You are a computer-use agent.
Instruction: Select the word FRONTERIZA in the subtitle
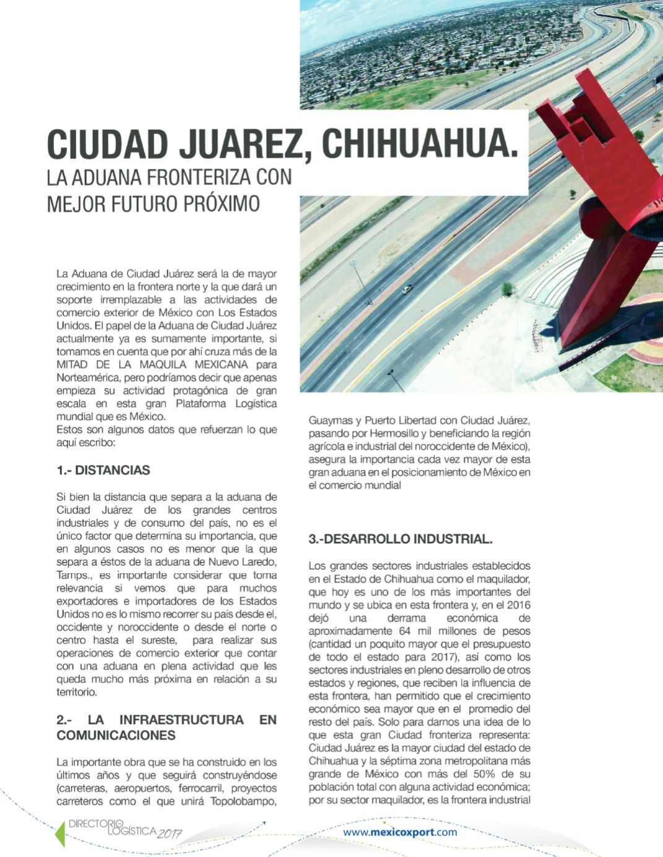tap(201, 177)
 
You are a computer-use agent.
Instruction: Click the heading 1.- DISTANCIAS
tap(103, 470)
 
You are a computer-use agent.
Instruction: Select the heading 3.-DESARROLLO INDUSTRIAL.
tap(401, 539)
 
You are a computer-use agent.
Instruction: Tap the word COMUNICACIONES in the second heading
tap(116, 735)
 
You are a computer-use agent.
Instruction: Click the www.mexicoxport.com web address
tap(400, 832)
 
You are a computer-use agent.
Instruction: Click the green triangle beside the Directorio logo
tap(60, 834)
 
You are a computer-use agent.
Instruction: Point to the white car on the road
tap(406, 289)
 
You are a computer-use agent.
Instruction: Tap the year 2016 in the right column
tap(518, 605)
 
